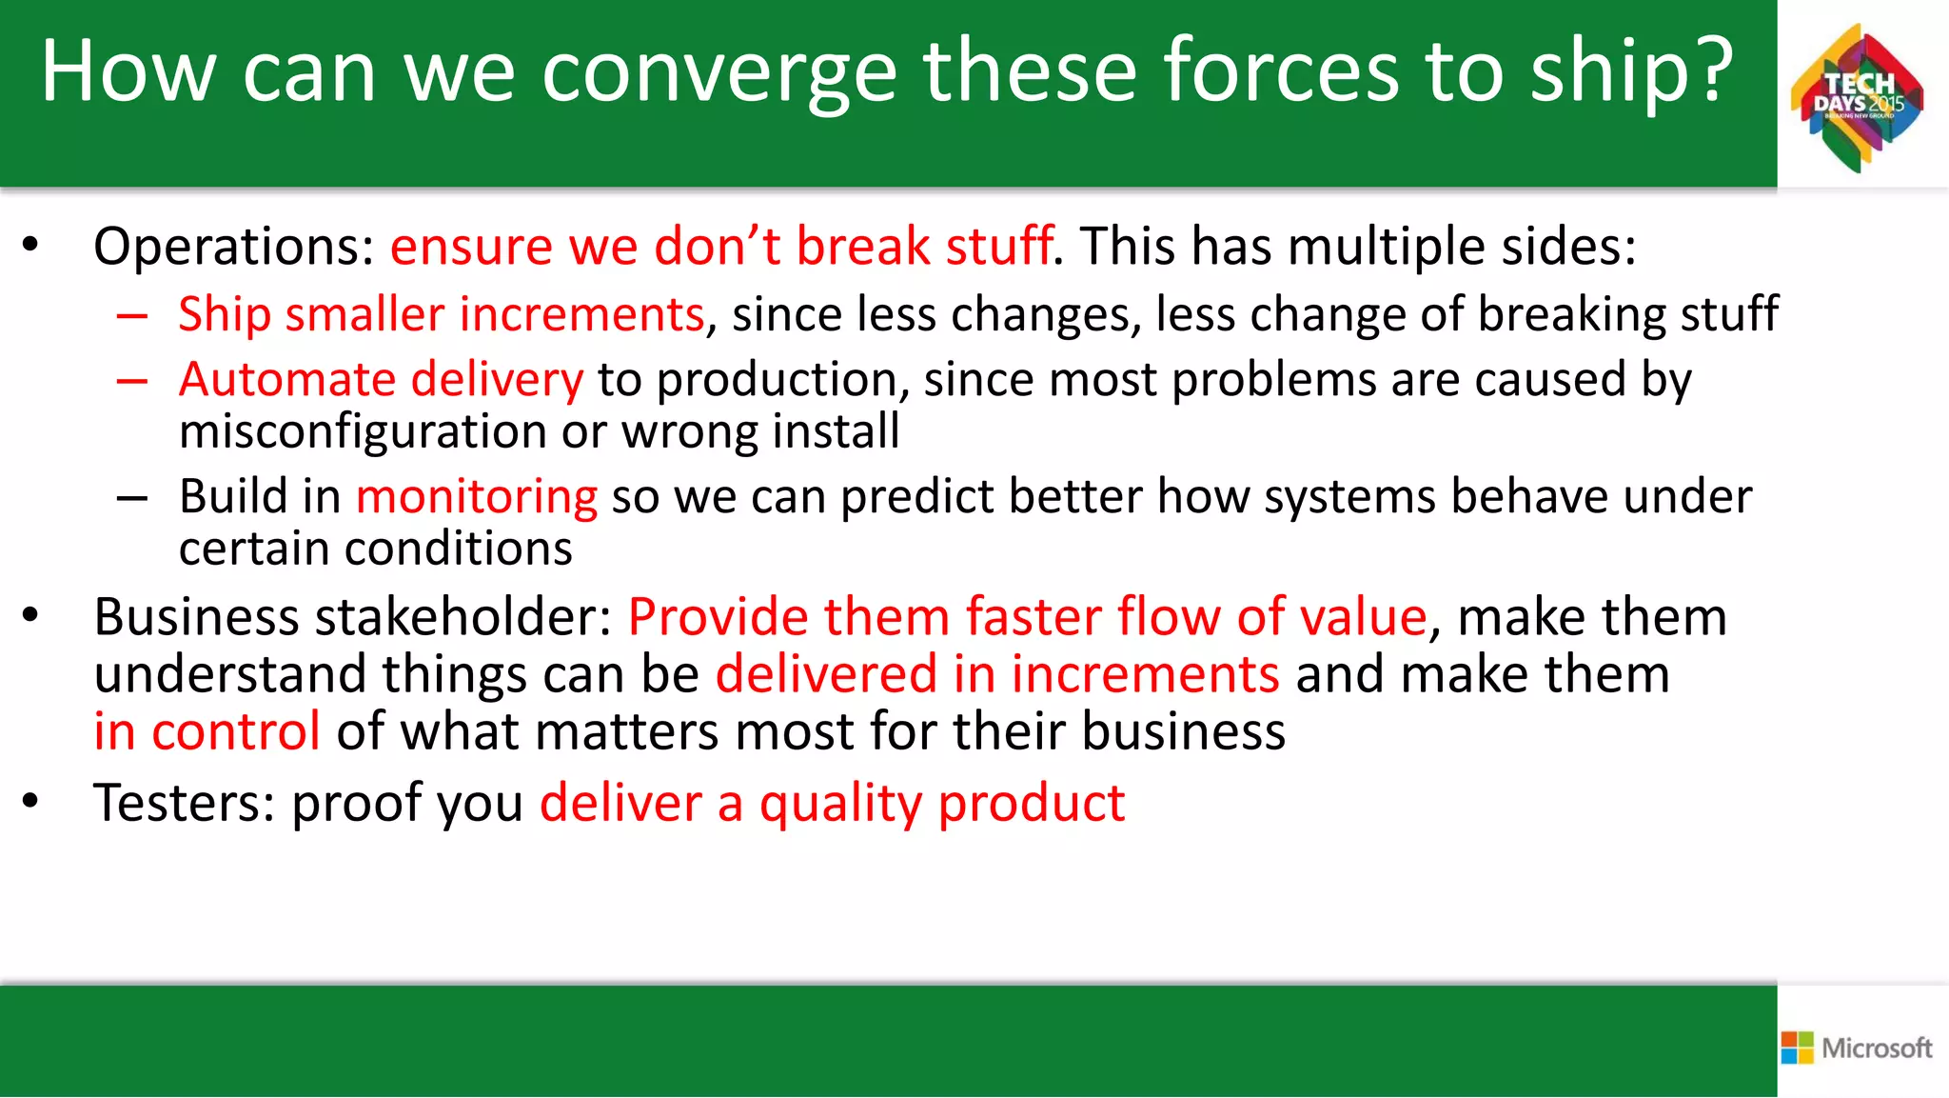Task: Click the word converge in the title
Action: click(719, 71)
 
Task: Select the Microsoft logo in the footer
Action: click(1857, 1048)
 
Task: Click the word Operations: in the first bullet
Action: click(234, 247)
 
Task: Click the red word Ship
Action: click(224, 314)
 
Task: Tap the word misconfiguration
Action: click(362, 431)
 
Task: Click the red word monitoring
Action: click(476, 497)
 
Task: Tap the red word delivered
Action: click(826, 674)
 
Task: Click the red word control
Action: click(235, 731)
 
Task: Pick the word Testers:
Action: click(185, 803)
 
